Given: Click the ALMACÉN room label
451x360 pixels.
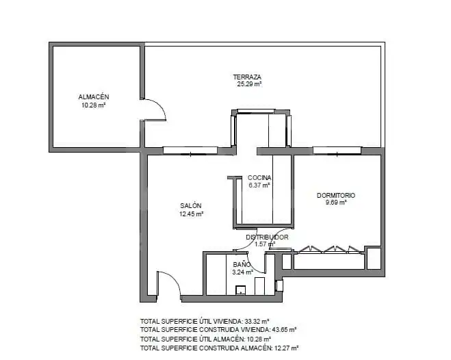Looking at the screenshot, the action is (x=94, y=97).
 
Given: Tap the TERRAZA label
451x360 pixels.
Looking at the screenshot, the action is (x=247, y=77).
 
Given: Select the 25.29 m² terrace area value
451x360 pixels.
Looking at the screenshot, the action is (x=249, y=84).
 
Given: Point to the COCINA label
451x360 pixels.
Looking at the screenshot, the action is (x=259, y=178).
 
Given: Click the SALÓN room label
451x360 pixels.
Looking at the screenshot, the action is (x=191, y=206).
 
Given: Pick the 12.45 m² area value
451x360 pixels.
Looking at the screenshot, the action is (x=191, y=214).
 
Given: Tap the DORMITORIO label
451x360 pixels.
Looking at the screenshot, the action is (x=336, y=196).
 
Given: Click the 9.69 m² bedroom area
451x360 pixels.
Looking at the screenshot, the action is (x=336, y=203).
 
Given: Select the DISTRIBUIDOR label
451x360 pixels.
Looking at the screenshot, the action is (x=267, y=237).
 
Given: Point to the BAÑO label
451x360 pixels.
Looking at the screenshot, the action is (x=242, y=265).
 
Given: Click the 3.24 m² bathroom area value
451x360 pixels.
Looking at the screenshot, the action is (x=242, y=272).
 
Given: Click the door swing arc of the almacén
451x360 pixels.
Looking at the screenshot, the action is (x=160, y=106).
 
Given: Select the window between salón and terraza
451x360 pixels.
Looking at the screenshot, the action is (x=190, y=151).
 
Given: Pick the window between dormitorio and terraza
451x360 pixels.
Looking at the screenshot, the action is (x=337, y=151).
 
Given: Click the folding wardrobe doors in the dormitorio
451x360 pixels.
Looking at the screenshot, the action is (x=328, y=249).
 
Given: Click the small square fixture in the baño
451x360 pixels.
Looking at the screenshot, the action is (x=240, y=290).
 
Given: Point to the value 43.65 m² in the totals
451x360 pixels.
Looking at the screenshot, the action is (x=284, y=329).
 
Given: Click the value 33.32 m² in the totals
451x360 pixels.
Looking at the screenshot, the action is (x=257, y=321).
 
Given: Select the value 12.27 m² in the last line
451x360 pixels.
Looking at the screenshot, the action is (x=286, y=348).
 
